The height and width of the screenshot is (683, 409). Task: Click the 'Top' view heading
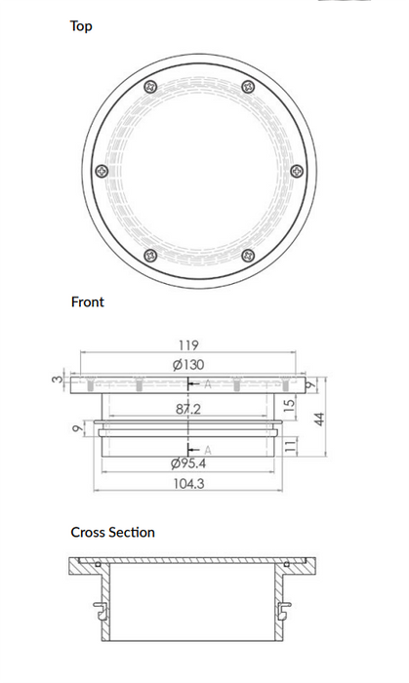[x=81, y=26]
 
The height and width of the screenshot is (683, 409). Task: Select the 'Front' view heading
[x=87, y=302]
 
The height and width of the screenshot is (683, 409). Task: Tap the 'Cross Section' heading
[x=112, y=533]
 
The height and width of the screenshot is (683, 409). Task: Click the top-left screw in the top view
[x=149, y=87]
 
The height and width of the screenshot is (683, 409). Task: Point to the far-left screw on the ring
[x=102, y=172]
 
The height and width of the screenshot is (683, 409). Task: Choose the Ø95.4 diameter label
[x=188, y=462]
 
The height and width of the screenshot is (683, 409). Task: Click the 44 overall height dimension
[x=317, y=417]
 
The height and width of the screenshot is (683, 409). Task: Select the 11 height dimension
[x=289, y=444]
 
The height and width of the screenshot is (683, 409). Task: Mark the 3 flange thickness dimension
[x=58, y=380]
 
